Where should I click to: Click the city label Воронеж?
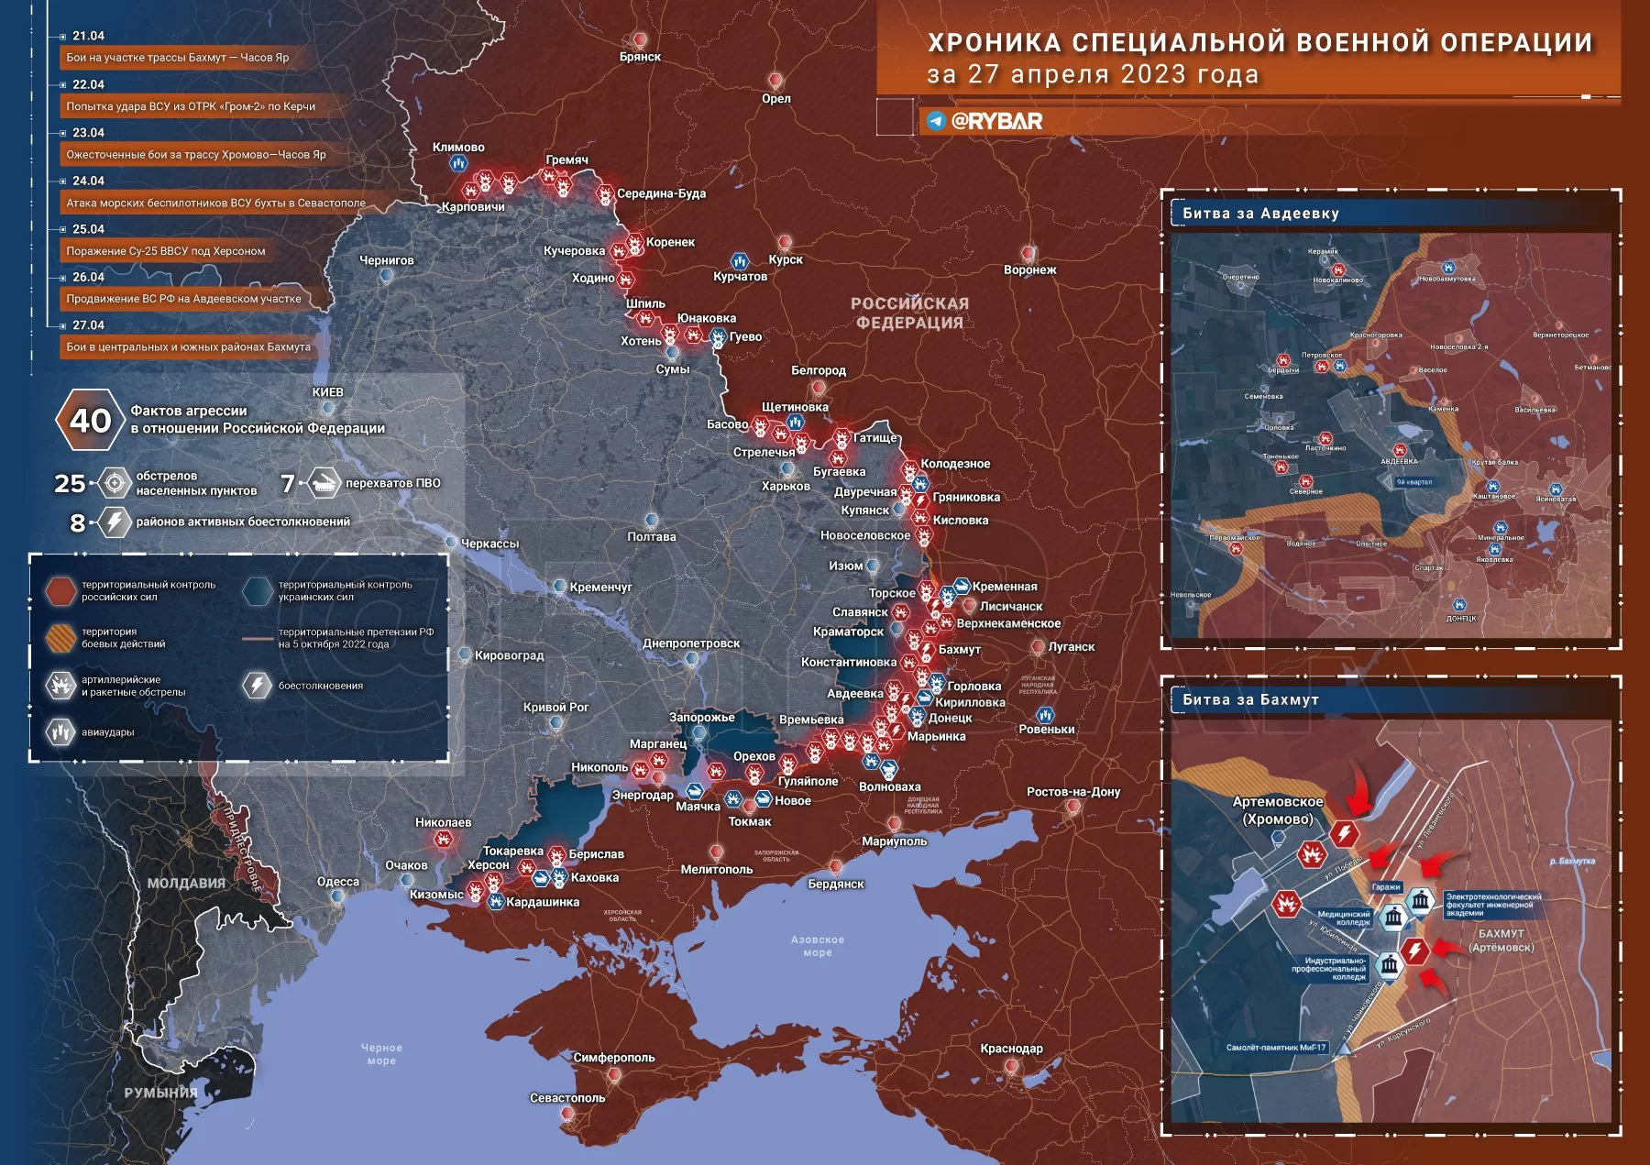(1029, 269)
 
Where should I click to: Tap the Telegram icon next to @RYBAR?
(936, 121)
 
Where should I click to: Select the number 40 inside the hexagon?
(90, 421)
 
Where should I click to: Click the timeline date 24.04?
(88, 181)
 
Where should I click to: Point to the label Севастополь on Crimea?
(567, 1097)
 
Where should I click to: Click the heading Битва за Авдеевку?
(1260, 214)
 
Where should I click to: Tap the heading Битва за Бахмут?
(1250, 699)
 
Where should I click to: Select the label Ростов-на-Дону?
(1072, 792)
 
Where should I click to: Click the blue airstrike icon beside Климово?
(458, 163)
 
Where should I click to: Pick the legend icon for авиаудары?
(60, 732)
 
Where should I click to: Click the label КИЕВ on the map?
(327, 392)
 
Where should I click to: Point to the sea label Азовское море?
(817, 946)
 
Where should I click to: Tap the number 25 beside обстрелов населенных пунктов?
(70, 483)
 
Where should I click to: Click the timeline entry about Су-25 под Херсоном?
(165, 250)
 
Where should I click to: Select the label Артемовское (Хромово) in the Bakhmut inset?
(1278, 810)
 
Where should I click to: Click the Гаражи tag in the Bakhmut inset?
(1385, 886)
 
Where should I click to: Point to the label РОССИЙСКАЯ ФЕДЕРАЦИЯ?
(909, 313)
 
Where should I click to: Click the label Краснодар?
(1011, 1049)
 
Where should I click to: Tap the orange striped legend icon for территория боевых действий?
(60, 638)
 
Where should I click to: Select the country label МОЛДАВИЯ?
(186, 884)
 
